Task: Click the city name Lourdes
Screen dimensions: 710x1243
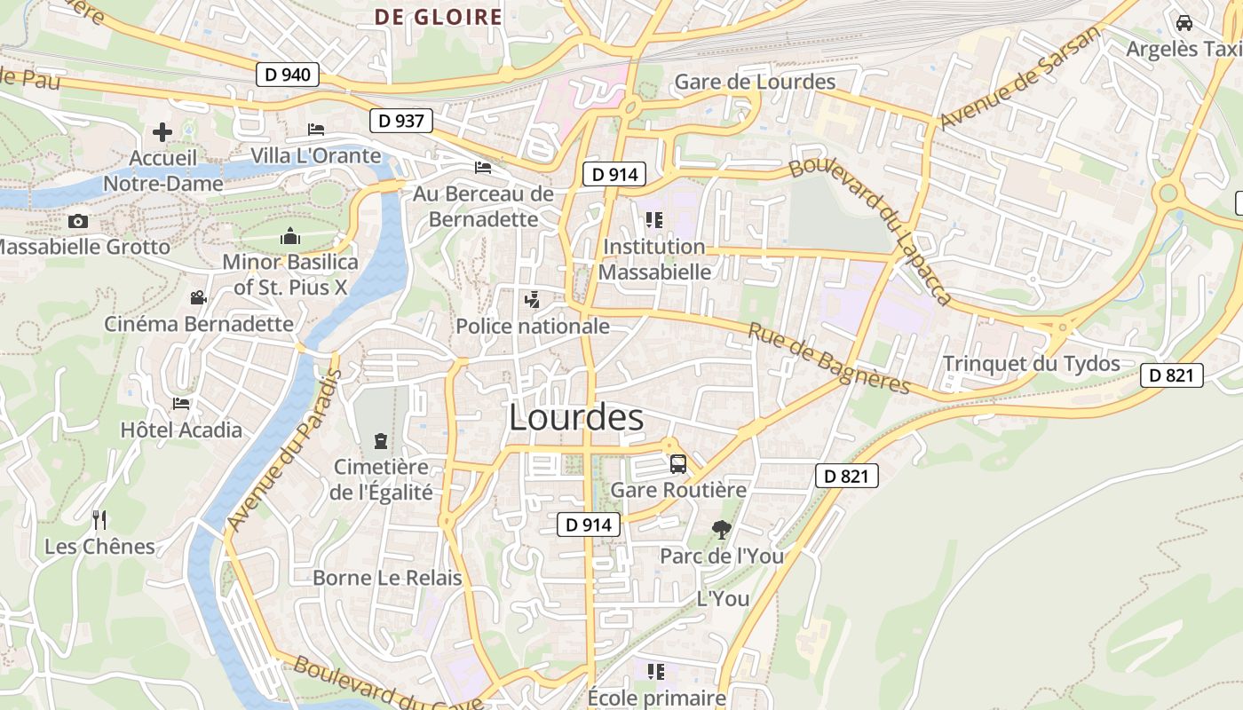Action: coord(576,417)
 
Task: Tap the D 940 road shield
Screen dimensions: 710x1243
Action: coord(289,75)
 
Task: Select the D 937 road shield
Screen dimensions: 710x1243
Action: coord(400,121)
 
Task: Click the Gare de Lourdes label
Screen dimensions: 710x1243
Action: coord(755,82)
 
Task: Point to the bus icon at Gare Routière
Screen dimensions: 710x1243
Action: coord(677,463)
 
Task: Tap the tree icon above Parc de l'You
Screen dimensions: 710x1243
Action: coord(722,530)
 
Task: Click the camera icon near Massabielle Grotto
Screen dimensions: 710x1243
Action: coord(78,221)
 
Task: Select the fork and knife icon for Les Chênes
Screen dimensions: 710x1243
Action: coord(99,520)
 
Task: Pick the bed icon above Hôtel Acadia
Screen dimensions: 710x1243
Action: coord(181,404)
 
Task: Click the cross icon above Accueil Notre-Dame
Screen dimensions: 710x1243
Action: coord(162,132)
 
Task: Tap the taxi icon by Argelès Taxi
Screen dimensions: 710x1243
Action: coord(1184,23)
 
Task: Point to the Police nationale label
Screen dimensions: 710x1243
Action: coord(533,326)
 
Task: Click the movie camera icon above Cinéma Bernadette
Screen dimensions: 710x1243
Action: coord(198,298)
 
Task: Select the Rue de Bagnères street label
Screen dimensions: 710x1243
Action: coord(829,358)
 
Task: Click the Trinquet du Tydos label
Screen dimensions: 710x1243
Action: coord(1031,363)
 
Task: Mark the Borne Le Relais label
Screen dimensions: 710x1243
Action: coord(387,578)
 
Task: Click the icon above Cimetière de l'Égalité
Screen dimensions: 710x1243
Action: coord(381,440)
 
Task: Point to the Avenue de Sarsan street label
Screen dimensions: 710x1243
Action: coord(1019,77)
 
